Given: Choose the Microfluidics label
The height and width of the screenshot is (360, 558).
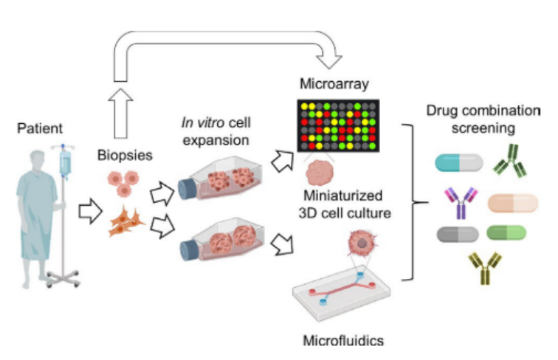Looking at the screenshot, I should point(342,341).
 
